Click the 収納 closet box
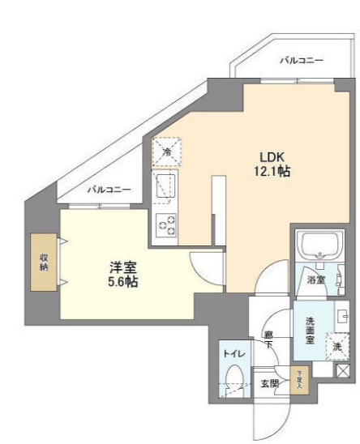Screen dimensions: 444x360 pos(43,263)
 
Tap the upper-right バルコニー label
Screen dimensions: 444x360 pos(302,61)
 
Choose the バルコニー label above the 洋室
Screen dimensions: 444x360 pos(109,189)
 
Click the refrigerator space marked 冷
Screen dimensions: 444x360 pos(166,152)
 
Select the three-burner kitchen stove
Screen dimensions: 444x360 pos(166,224)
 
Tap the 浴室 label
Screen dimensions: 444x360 pos(315,280)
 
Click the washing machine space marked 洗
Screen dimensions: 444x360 pos(336,346)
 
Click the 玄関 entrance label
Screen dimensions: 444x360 pos(266,382)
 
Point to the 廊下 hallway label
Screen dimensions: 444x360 pos(268,337)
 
